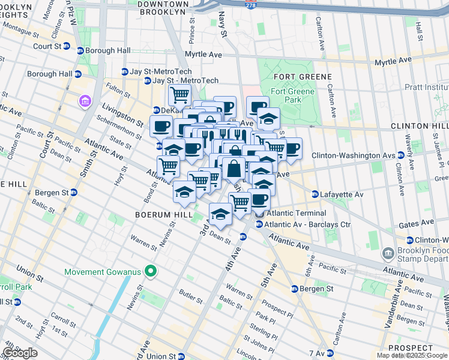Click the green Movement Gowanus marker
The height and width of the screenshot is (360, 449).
click(x=151, y=272)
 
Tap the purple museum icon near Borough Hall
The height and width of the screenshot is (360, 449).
click(x=83, y=101)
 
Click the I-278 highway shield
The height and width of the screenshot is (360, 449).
click(x=249, y=4)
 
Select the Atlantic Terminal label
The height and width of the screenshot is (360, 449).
click(x=297, y=213)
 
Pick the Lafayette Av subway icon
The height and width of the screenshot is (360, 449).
click(x=315, y=194)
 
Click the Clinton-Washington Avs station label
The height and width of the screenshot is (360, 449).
click(x=353, y=155)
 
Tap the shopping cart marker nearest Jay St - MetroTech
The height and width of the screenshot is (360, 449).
click(x=179, y=94)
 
